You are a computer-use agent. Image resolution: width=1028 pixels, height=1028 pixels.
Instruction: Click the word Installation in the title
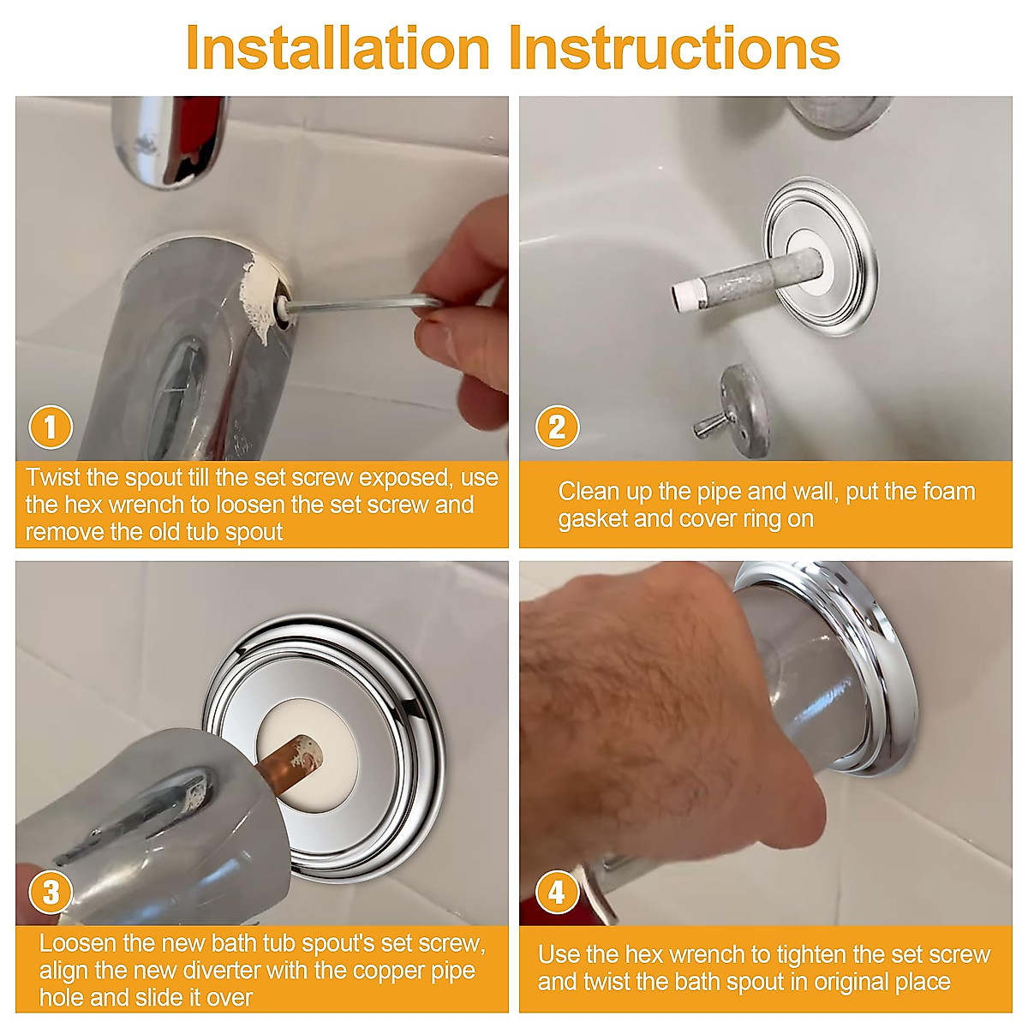click(x=338, y=48)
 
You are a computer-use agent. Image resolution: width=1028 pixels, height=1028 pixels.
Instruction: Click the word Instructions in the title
click(x=675, y=48)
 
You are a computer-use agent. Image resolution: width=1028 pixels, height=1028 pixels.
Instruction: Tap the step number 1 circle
click(x=51, y=427)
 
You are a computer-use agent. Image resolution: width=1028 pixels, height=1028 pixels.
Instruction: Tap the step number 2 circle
click(x=557, y=427)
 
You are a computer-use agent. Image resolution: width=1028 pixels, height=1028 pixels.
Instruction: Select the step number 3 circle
click(x=51, y=892)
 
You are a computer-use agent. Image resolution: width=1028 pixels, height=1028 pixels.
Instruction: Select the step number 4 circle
click(x=557, y=892)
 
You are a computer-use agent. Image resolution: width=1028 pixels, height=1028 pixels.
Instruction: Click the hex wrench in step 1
click(x=362, y=304)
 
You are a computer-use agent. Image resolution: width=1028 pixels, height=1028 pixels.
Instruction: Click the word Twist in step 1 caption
click(x=53, y=477)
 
